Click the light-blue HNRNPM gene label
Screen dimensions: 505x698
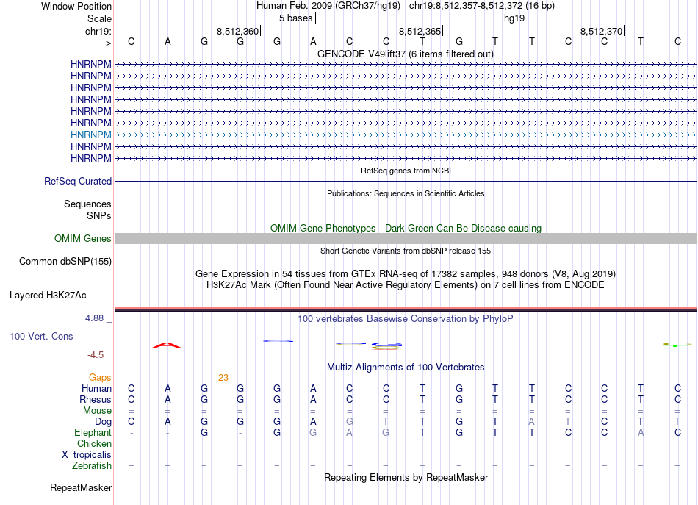(91, 135)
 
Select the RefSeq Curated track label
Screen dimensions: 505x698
(78, 182)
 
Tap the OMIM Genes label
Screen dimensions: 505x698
(83, 239)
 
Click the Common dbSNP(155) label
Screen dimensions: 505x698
(65, 261)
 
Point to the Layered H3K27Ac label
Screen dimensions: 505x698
(48, 296)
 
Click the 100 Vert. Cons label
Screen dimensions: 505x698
(41, 336)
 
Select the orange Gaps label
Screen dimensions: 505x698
(100, 378)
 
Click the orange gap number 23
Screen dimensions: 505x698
(223, 378)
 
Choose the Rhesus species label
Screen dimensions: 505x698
(96, 400)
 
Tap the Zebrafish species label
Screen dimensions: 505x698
(92, 466)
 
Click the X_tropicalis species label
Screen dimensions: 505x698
(87, 455)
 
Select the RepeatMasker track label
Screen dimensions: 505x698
(81, 488)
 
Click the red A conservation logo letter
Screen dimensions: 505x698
(168, 345)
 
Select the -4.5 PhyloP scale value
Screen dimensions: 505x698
(96, 355)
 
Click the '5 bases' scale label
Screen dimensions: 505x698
(295, 18)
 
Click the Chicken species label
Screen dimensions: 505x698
(94, 444)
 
